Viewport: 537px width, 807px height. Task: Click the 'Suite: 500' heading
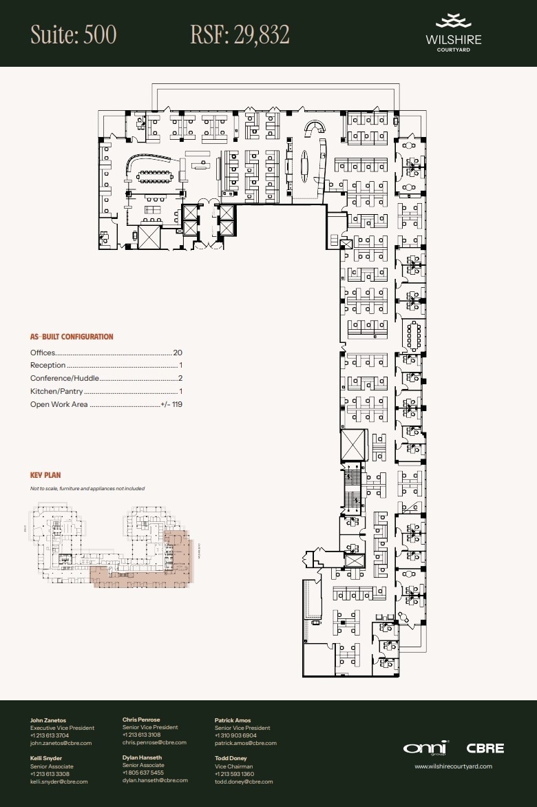[74, 34]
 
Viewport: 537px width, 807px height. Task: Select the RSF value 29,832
[240, 34]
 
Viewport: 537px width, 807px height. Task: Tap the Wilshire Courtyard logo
[453, 32]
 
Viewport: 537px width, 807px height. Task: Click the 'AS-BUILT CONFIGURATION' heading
[72, 337]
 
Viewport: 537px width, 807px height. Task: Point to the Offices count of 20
[178, 353]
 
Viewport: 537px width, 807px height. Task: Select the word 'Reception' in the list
[48, 366]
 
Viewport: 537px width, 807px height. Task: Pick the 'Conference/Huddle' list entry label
[65, 379]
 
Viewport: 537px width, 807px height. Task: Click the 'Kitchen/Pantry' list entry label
[56, 391]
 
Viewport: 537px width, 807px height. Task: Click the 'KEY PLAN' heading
[45, 475]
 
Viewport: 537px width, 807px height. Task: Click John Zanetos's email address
[61, 743]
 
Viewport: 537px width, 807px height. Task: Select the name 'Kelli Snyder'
[46, 758]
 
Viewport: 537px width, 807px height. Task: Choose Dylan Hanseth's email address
[155, 781]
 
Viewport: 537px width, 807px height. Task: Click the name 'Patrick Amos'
[233, 720]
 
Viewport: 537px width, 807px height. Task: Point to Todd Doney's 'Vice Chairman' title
[233, 766]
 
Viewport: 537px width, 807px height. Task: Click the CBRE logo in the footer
[485, 748]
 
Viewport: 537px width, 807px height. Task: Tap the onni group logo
[426, 748]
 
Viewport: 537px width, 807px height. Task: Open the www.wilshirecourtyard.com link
[453, 766]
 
